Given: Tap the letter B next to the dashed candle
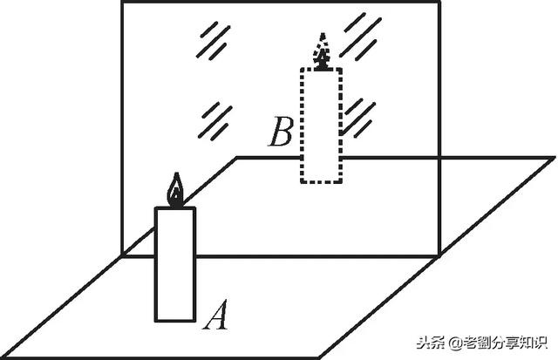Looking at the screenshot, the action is click(x=281, y=136).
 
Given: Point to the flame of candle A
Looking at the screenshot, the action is click(x=176, y=192).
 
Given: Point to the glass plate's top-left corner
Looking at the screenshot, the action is click(x=121, y=3).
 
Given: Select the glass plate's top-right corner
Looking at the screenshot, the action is click(x=435, y=3).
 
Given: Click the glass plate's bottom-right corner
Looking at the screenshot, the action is click(x=435, y=257).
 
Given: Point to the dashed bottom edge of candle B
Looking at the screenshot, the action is click(x=322, y=181).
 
